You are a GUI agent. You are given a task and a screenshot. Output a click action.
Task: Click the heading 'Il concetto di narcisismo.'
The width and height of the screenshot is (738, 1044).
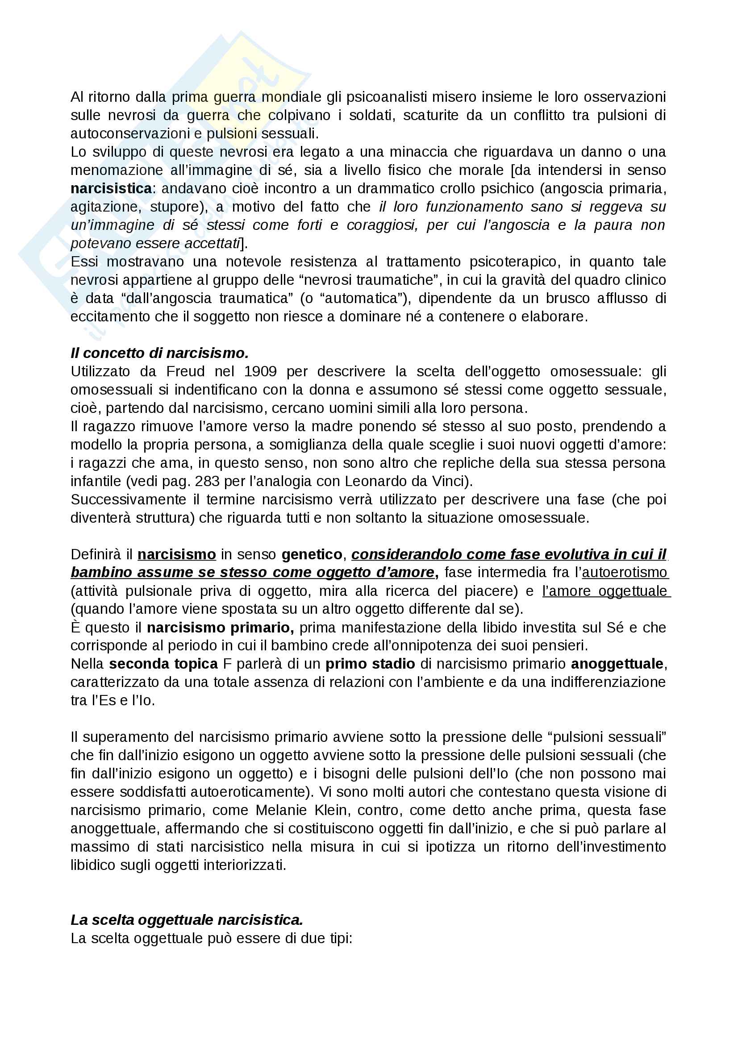click(159, 354)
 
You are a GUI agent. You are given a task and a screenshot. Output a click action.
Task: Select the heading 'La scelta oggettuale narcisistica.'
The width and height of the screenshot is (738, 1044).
click(187, 920)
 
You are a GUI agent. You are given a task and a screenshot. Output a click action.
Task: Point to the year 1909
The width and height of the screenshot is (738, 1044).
click(260, 371)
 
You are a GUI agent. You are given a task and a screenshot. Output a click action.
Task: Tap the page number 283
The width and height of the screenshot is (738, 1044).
click(208, 481)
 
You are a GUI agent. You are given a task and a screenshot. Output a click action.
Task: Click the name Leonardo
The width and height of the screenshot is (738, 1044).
click(373, 481)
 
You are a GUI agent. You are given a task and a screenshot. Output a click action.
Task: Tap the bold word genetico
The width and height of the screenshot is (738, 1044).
click(312, 554)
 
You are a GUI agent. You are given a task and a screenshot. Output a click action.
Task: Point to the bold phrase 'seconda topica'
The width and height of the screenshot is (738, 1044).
click(163, 664)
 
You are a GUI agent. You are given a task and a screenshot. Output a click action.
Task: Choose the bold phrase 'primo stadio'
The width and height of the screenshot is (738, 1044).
click(370, 664)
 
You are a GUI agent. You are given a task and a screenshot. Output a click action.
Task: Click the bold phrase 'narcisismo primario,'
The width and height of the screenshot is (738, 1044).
click(221, 628)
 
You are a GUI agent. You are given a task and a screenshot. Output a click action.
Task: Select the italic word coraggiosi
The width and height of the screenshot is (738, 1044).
click(379, 225)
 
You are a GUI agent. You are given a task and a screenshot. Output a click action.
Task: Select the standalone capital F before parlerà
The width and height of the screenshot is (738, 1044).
click(227, 664)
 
